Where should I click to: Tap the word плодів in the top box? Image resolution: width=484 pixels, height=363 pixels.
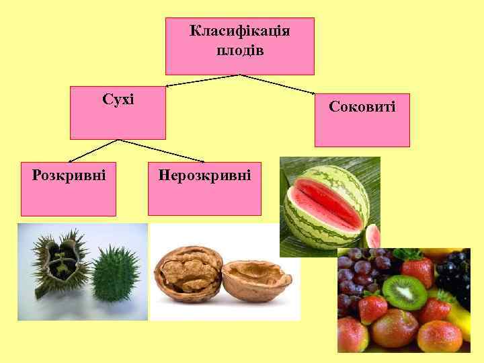pos(240,50)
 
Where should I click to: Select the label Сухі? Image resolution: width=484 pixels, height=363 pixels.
pos(118,100)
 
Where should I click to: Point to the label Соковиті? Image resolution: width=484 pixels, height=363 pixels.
pos(362,106)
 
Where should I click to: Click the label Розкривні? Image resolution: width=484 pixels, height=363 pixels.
pos(69,175)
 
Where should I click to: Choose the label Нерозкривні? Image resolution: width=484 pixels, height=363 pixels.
pos(204,175)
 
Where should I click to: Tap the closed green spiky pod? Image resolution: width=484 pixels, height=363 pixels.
pos(116,275)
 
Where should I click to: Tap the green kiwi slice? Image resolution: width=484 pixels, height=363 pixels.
pos(405,292)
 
